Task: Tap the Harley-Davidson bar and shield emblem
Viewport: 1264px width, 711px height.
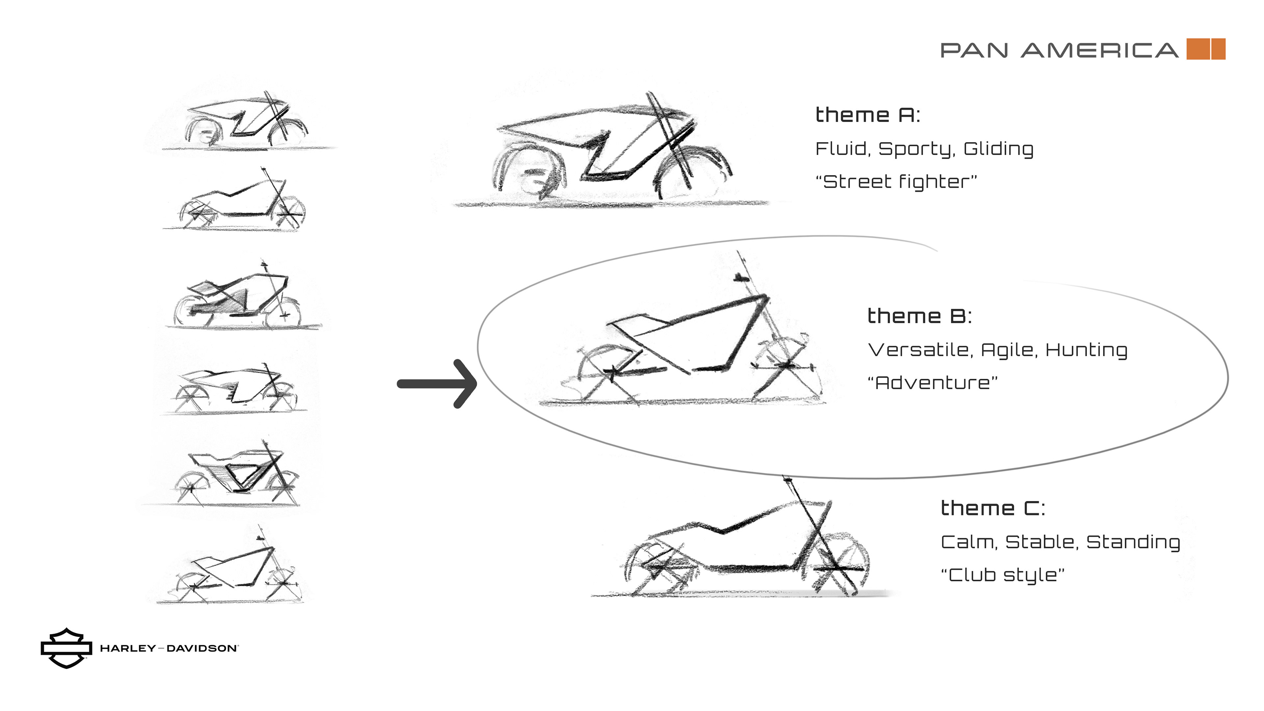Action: [66, 648]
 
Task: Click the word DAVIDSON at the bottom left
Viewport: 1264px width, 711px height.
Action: [202, 648]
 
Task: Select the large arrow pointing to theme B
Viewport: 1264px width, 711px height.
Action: [437, 384]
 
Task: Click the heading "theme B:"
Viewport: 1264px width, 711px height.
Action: [919, 316]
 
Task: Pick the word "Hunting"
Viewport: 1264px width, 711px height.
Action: [1086, 350]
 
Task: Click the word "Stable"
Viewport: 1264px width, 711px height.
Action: [1042, 542]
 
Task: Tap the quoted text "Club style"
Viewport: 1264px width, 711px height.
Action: [1002, 575]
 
